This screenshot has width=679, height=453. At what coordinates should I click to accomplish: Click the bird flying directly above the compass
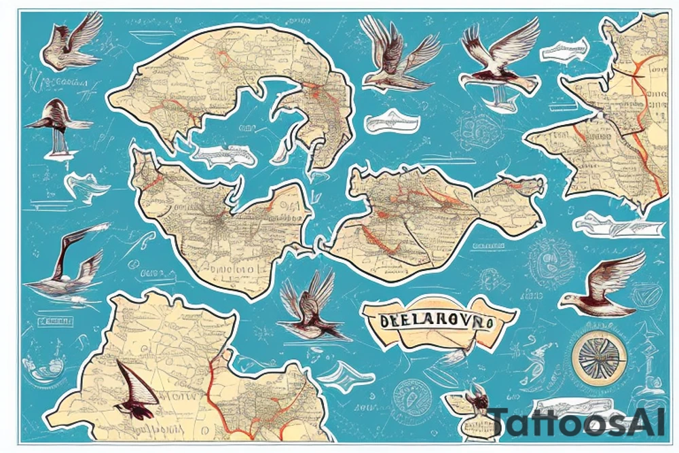pyautogui.click(x=602, y=282)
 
